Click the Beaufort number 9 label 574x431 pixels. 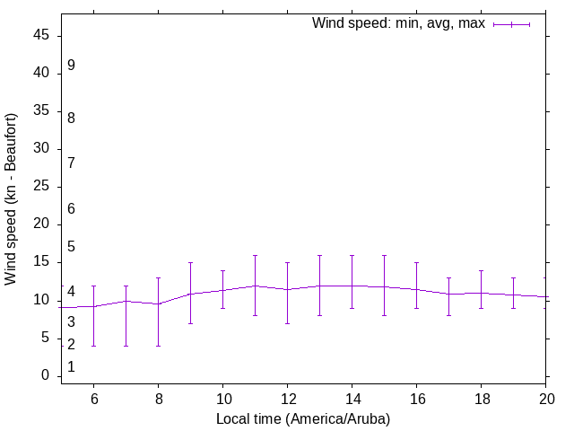pos(71,66)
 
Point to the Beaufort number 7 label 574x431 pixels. pos(71,163)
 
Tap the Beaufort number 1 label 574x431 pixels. pos(71,367)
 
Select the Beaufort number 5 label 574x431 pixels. pos(71,247)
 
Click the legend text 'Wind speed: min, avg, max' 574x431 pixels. pos(397,23)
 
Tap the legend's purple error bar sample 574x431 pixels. pos(511,24)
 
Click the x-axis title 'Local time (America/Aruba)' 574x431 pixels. pos(303,418)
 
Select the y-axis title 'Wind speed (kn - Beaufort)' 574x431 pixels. pos(11,199)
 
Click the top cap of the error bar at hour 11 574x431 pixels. pos(255,255)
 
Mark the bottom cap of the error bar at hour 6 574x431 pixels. pos(93,346)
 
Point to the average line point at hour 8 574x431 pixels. pos(158,304)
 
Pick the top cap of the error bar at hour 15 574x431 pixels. pos(384,255)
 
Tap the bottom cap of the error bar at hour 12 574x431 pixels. pos(287,323)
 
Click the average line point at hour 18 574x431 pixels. pos(481,293)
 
